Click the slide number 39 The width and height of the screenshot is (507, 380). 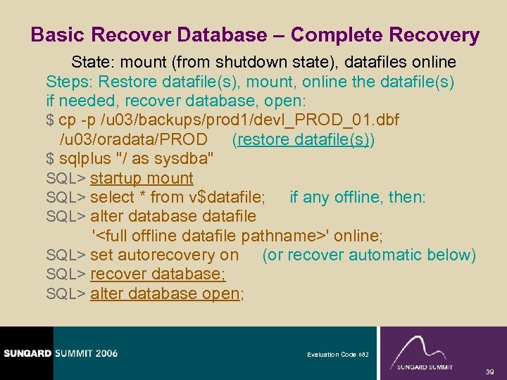pos(491,370)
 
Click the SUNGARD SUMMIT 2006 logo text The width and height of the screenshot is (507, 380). pos(60,353)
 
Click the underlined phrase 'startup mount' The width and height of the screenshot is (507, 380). pos(142,179)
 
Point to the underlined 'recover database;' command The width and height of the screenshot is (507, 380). pos(158,274)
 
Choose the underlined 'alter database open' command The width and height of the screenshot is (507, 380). pos(165,293)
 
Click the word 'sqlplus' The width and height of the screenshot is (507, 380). pos(86,159)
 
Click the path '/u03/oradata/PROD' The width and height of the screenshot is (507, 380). pos(134,139)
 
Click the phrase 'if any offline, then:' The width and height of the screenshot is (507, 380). pos(358,198)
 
